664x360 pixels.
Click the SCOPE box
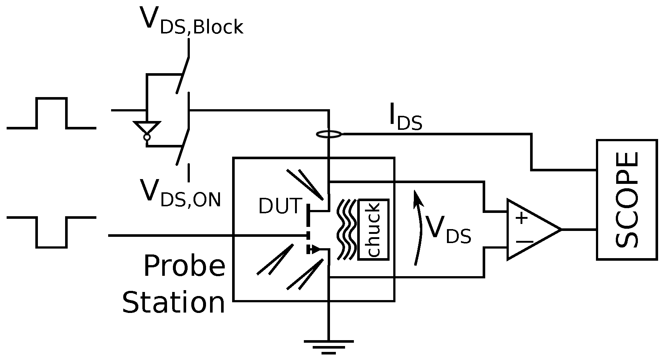[x=626, y=200]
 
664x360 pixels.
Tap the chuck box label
[x=373, y=229]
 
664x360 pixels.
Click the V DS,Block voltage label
[x=191, y=21]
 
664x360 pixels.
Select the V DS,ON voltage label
[x=180, y=193]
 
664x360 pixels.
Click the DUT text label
[x=280, y=206]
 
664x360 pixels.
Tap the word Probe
[x=184, y=266]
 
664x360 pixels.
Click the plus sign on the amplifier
[x=521, y=218]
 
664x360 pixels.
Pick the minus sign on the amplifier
[x=524, y=242]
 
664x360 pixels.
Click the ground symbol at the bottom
[x=329, y=346]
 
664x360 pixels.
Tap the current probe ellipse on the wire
[x=329, y=135]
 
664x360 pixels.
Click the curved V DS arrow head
[x=417, y=198]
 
